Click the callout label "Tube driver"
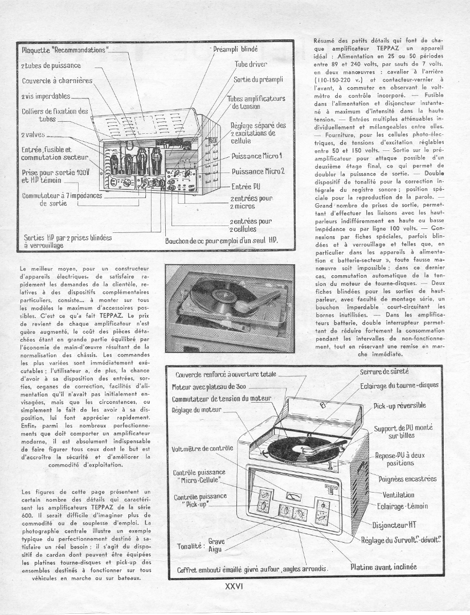251,64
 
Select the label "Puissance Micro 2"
258,171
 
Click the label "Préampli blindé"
236,50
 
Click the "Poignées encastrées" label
407,479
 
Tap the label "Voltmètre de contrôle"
203,448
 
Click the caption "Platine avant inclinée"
383,567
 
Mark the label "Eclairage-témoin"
403,506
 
